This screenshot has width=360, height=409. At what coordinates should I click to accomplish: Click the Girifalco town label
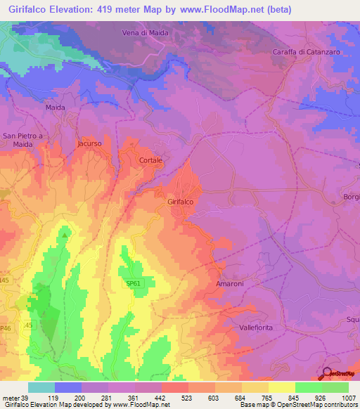point(181,202)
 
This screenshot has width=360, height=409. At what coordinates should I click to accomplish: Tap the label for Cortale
point(150,161)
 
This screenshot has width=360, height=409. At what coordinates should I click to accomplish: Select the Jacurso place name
point(89,143)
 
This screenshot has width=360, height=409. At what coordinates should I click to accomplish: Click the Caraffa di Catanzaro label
point(304,53)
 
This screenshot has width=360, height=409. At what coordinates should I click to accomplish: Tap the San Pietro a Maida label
point(22,140)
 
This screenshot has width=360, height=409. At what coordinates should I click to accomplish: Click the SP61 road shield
point(133,284)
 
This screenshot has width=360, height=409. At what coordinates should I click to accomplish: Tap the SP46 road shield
point(6,328)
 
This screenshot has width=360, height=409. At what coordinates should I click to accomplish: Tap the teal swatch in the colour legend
point(41,387)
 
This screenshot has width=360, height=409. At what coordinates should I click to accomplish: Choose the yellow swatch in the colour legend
point(282,387)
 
